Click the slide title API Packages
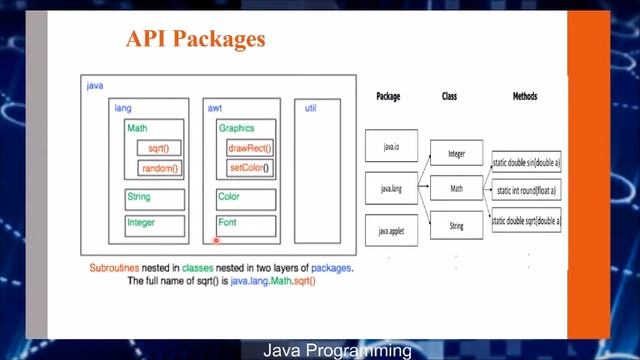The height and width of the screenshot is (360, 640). click(195, 40)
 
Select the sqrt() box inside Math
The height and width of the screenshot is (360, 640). click(157, 149)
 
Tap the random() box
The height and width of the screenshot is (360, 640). click(159, 168)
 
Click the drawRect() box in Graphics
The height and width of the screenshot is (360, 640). click(250, 149)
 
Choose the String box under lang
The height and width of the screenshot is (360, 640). click(154, 198)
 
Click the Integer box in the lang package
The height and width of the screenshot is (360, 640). click(154, 224)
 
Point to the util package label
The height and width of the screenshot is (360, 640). click(310, 107)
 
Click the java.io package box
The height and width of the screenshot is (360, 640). click(391, 147)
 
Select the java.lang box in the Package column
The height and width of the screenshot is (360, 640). click(391, 187)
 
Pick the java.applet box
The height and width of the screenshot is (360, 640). click(391, 231)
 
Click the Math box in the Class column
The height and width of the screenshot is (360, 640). click(456, 188)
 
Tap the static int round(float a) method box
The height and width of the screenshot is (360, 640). click(526, 189)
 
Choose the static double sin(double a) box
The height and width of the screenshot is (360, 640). click(526, 160)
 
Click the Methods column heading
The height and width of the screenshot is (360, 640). click(524, 97)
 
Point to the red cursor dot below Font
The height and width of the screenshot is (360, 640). click(216, 240)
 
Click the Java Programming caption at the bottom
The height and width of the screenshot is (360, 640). click(337, 351)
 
